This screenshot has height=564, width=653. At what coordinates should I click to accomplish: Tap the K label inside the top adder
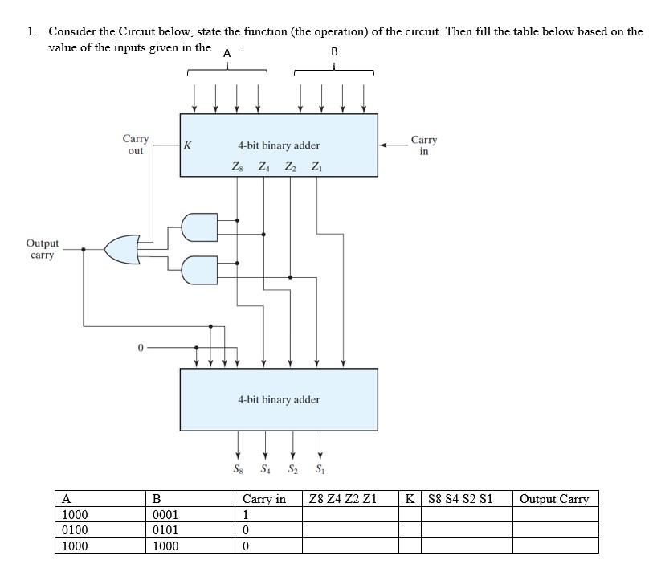[187, 145]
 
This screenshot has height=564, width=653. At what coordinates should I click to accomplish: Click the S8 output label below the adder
[237, 468]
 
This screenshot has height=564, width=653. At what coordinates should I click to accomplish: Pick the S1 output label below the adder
[320, 468]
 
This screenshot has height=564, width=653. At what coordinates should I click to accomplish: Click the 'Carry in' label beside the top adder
[423, 145]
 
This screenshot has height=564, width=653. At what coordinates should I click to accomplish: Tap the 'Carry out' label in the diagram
[135, 145]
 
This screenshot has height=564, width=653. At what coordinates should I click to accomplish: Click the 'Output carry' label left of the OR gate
[42, 249]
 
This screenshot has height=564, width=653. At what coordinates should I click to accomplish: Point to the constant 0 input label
[140, 348]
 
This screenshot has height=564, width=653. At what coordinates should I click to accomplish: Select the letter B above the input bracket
[334, 52]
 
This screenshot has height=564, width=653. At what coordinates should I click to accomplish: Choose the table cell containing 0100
[75, 530]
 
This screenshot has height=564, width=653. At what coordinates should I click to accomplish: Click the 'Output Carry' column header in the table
[554, 499]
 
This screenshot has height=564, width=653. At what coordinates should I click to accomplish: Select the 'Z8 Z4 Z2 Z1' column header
[342, 499]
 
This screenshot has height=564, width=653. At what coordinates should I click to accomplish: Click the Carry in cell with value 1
[247, 515]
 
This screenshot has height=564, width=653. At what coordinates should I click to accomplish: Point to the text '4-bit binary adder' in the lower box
[279, 399]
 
